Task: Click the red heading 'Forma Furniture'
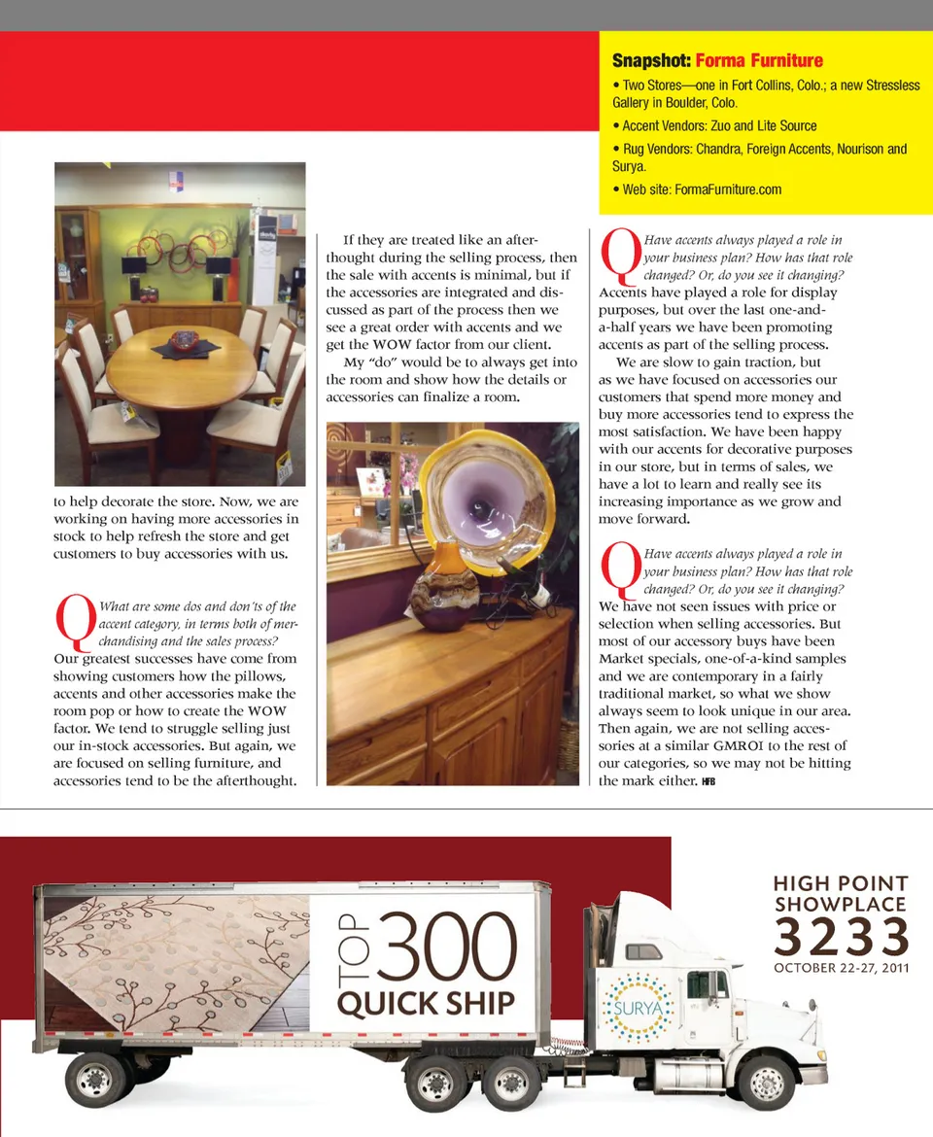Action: coord(759,61)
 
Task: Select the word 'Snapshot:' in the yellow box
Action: coord(651,61)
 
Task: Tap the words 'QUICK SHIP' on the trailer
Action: coord(425,1002)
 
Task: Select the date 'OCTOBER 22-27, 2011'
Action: coord(841,968)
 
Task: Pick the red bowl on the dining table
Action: coord(185,340)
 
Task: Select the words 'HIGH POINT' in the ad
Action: coord(841,884)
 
